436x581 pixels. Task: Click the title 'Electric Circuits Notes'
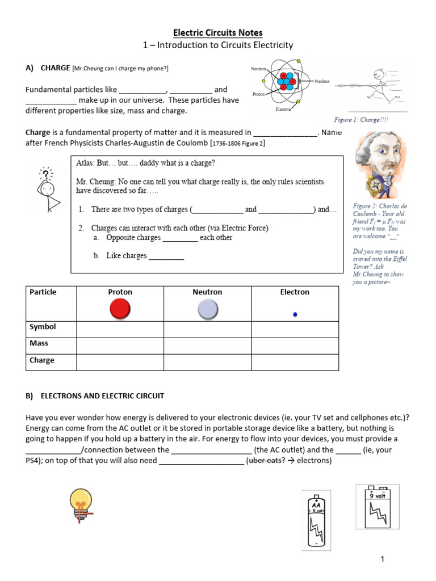point(218,33)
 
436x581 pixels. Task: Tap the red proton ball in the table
point(120,309)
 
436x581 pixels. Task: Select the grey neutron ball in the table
point(207,309)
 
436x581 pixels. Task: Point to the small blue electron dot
point(295,314)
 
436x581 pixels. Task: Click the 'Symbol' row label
point(43,327)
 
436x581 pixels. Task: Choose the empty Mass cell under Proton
point(120,344)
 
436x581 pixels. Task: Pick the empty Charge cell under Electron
point(295,361)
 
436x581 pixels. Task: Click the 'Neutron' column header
point(207,292)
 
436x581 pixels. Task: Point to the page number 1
point(383,559)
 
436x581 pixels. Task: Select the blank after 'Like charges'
point(166,256)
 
